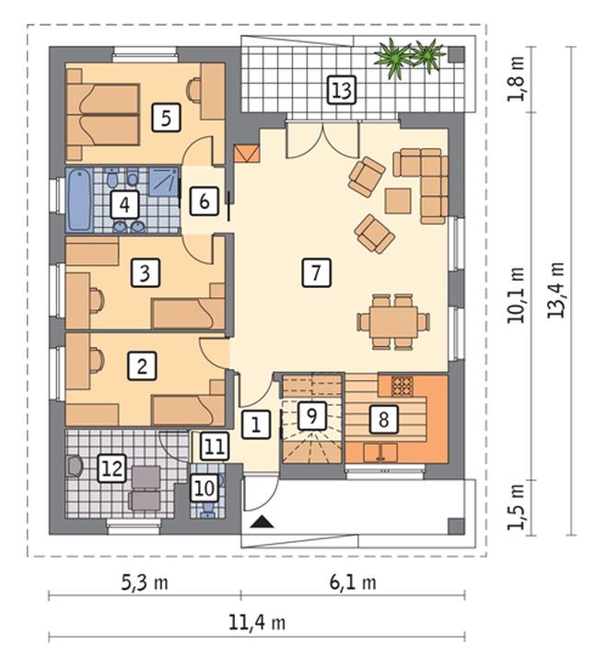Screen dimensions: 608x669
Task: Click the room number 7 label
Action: click(x=316, y=272)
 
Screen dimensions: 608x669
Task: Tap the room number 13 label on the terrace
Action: click(x=343, y=90)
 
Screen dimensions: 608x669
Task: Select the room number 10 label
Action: click(x=205, y=489)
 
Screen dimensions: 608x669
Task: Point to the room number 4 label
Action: click(x=124, y=205)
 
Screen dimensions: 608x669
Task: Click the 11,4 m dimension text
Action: click(x=257, y=623)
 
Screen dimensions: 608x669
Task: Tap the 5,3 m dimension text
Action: click(x=145, y=582)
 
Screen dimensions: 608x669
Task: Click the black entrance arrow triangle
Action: click(x=262, y=522)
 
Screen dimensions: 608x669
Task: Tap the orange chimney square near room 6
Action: click(x=247, y=153)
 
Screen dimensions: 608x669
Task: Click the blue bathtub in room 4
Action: click(x=78, y=200)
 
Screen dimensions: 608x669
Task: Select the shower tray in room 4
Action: click(x=163, y=181)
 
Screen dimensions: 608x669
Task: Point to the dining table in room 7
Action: click(x=393, y=322)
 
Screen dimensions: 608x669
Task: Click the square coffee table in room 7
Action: click(x=398, y=201)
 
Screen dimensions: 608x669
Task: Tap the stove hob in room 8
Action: click(x=402, y=386)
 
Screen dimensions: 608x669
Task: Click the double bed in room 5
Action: click(x=103, y=115)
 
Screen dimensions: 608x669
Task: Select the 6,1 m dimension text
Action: click(x=353, y=582)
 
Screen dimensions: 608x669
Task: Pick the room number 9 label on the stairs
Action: click(x=312, y=416)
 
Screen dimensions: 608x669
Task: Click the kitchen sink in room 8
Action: click(x=380, y=453)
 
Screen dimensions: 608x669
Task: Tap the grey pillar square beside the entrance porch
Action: click(x=455, y=526)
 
